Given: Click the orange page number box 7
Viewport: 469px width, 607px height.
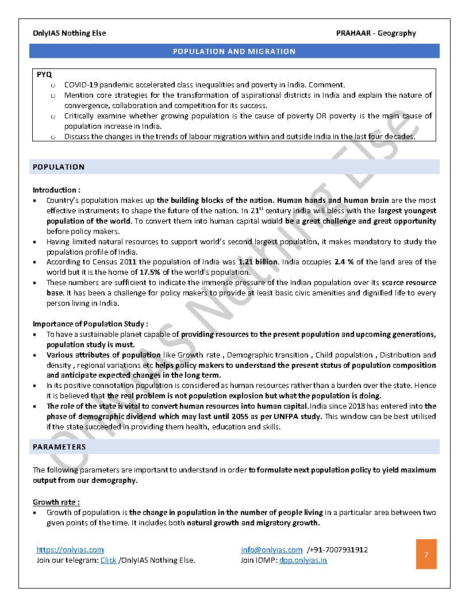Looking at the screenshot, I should [x=426, y=554].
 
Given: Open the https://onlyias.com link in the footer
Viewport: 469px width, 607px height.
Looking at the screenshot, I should [x=70, y=550].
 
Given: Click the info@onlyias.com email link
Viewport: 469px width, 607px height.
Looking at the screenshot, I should [x=272, y=550].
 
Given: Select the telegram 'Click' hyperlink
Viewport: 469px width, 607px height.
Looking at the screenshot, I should [x=108, y=560].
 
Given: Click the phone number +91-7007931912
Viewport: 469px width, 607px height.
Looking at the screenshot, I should [x=340, y=550].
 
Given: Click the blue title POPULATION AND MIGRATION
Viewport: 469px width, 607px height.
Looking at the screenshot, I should [x=234, y=52].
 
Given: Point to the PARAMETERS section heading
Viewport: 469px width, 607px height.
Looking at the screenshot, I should [x=59, y=447].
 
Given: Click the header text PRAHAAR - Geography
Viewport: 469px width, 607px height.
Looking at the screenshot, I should [x=376, y=33].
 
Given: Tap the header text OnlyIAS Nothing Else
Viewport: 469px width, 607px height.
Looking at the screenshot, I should [x=69, y=33].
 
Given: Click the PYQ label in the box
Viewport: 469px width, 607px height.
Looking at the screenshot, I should [x=44, y=75].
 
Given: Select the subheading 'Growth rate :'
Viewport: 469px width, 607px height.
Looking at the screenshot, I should [x=56, y=502].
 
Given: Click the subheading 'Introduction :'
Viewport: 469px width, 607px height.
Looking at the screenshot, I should [x=56, y=190].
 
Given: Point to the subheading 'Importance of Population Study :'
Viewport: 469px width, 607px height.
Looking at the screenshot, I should [x=90, y=324].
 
